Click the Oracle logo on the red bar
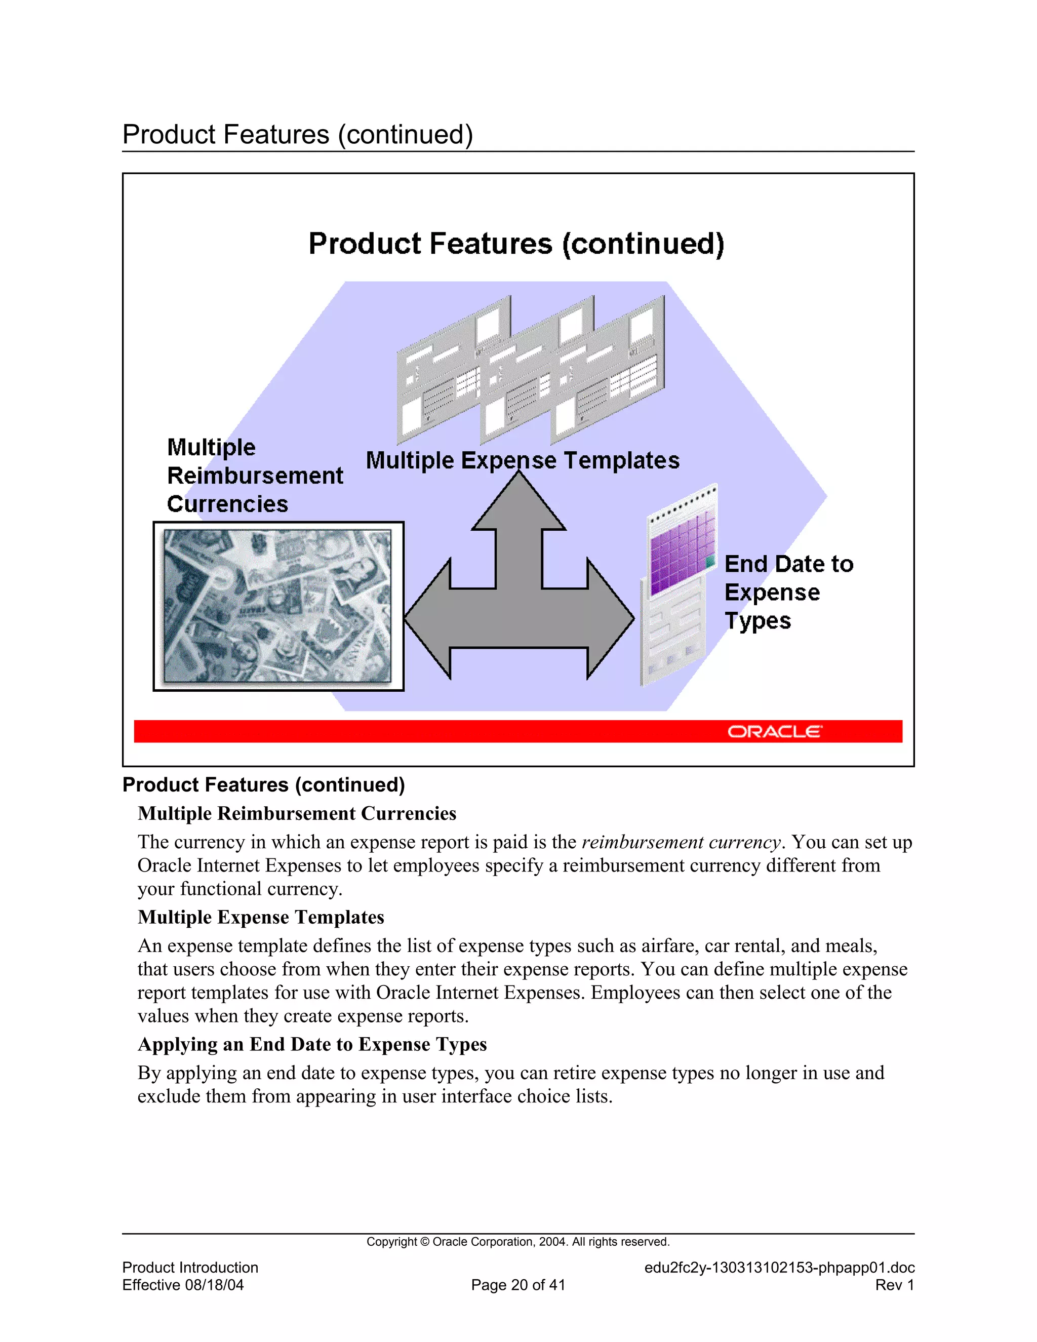pos(774,731)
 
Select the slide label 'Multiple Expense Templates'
pos(522,460)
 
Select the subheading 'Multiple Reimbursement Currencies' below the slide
pos(297,814)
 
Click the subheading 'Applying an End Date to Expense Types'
pos(312,1045)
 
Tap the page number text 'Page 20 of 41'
pos(518,1285)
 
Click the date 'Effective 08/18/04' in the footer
pos(182,1285)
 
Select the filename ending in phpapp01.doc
pos(779,1268)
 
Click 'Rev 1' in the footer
pos(895,1285)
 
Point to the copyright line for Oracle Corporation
pos(518,1242)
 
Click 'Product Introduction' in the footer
pos(190,1268)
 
